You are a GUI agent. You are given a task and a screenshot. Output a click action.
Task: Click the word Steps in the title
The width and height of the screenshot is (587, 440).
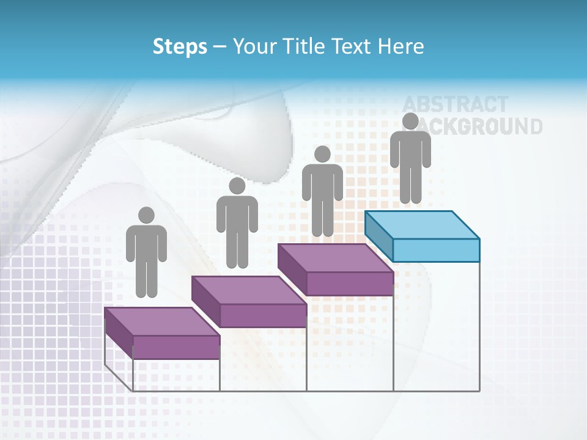[180, 46]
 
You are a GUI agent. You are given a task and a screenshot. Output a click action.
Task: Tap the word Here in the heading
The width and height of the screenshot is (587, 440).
[401, 46]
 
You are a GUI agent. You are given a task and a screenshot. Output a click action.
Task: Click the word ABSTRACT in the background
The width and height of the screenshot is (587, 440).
[455, 105]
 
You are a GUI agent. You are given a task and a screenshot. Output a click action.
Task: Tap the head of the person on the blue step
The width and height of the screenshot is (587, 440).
[410, 121]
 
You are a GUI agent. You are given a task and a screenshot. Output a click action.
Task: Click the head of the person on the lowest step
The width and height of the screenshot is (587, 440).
[146, 215]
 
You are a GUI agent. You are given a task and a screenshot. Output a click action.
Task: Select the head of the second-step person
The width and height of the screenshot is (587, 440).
[237, 186]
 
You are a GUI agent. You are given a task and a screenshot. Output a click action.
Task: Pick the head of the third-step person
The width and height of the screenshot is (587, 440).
[322, 154]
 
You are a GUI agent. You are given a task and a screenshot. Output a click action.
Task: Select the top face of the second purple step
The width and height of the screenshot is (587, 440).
[248, 290]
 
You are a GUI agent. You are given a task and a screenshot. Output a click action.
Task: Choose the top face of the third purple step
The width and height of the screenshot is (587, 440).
[335, 258]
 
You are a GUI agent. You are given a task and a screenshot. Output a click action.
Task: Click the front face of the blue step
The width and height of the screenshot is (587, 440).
[436, 250]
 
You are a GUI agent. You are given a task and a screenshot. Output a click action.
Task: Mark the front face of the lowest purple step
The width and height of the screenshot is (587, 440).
[176, 347]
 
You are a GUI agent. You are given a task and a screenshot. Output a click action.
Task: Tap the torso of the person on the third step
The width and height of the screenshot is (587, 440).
[322, 182]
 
